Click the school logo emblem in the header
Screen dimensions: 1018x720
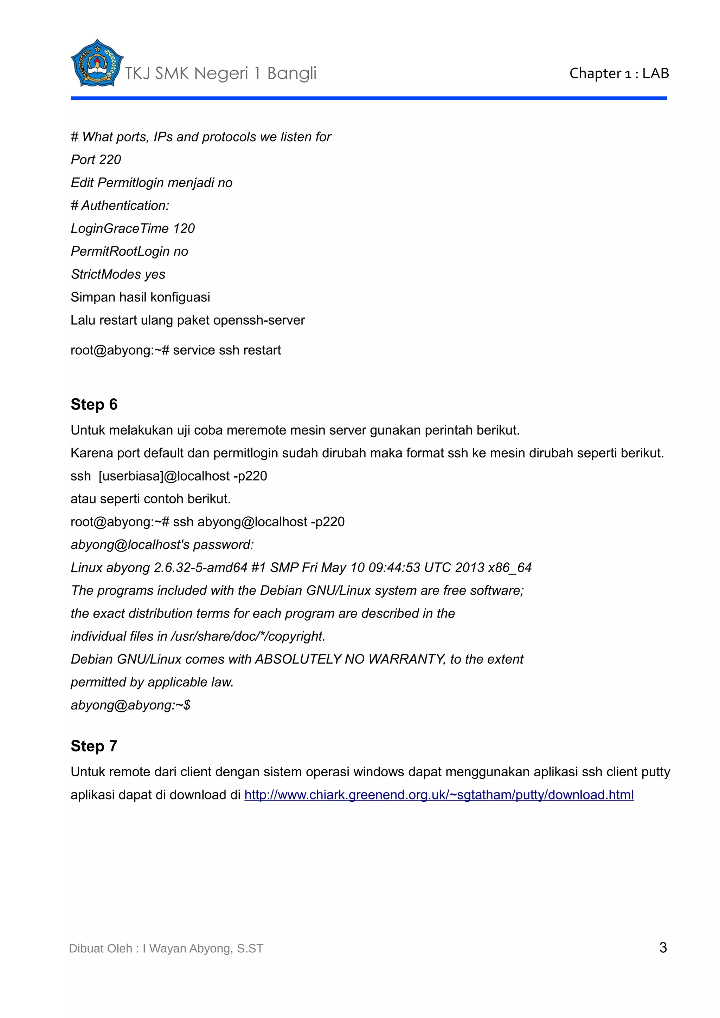point(96,63)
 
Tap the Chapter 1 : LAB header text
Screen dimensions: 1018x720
point(619,73)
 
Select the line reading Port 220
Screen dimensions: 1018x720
point(96,159)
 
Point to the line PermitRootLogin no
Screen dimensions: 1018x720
point(129,252)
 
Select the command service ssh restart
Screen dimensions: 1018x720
point(227,350)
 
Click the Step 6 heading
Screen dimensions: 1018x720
point(94,404)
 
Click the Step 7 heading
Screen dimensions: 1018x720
point(94,746)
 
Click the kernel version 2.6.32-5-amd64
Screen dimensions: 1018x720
point(200,568)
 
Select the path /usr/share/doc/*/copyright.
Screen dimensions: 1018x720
point(248,636)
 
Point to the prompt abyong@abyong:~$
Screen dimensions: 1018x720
point(130,705)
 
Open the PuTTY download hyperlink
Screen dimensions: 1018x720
point(439,795)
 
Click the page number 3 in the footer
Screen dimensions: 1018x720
point(663,947)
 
